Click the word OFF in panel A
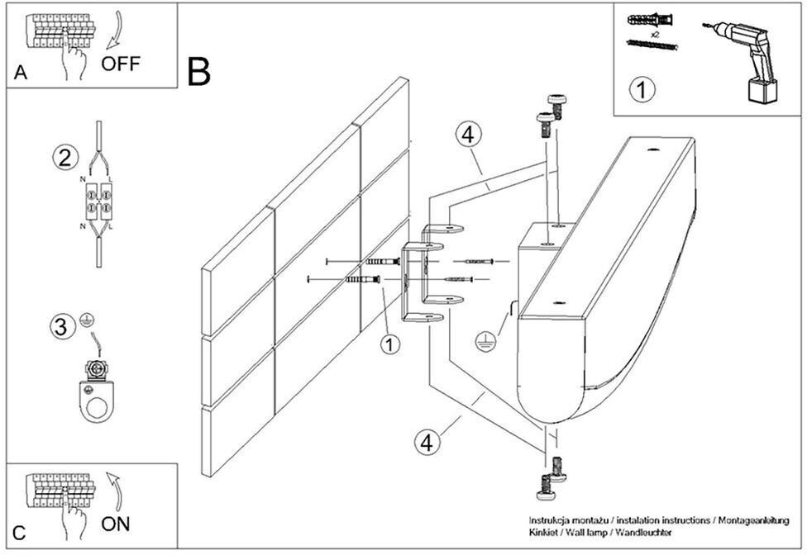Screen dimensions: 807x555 click(x=121, y=64)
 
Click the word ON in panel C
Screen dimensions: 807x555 click(x=115, y=524)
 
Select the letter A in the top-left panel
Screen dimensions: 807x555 click(x=21, y=73)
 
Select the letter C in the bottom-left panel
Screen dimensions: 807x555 click(x=19, y=533)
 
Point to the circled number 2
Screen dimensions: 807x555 click(x=65, y=157)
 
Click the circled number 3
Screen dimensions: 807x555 click(x=61, y=325)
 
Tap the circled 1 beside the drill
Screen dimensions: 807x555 click(x=642, y=89)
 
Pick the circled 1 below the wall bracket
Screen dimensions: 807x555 click(x=389, y=344)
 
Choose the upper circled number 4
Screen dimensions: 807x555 click(x=468, y=135)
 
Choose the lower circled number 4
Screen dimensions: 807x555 click(x=427, y=442)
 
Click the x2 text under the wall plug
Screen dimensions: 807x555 click(x=655, y=35)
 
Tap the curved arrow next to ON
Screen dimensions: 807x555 click(x=114, y=492)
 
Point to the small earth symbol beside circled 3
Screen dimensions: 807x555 click(x=88, y=321)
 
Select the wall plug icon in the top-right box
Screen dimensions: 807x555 click(x=650, y=21)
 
